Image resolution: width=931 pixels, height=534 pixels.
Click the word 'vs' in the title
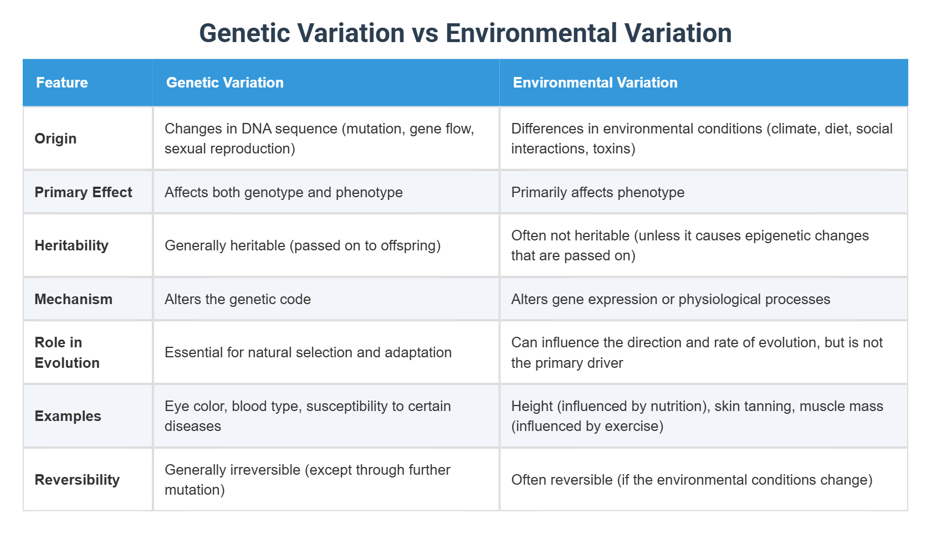coord(425,34)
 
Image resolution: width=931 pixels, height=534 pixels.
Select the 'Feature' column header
coord(62,83)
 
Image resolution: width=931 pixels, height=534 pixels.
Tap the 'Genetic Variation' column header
coord(224,83)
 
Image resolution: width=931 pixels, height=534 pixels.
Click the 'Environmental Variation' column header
coord(595,83)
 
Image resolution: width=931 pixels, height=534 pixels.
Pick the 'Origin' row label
coord(55,138)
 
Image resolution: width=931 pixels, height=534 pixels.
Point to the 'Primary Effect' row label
coord(83,192)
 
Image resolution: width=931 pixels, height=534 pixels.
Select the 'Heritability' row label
coord(71,245)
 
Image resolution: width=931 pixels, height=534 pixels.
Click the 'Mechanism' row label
coord(73,299)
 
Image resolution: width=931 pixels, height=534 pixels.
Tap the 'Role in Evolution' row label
coord(66,352)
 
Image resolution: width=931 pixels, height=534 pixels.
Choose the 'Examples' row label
coord(68,416)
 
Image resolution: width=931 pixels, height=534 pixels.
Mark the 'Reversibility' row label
coord(77,480)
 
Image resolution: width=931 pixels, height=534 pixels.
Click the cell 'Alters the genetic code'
coord(237,299)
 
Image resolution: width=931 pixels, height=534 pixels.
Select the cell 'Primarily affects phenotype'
coord(597,192)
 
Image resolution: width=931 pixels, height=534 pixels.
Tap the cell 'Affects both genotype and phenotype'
coord(283,192)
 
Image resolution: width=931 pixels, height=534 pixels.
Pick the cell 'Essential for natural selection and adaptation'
coord(308,352)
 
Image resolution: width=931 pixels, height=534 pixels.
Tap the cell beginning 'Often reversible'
coord(691,480)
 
